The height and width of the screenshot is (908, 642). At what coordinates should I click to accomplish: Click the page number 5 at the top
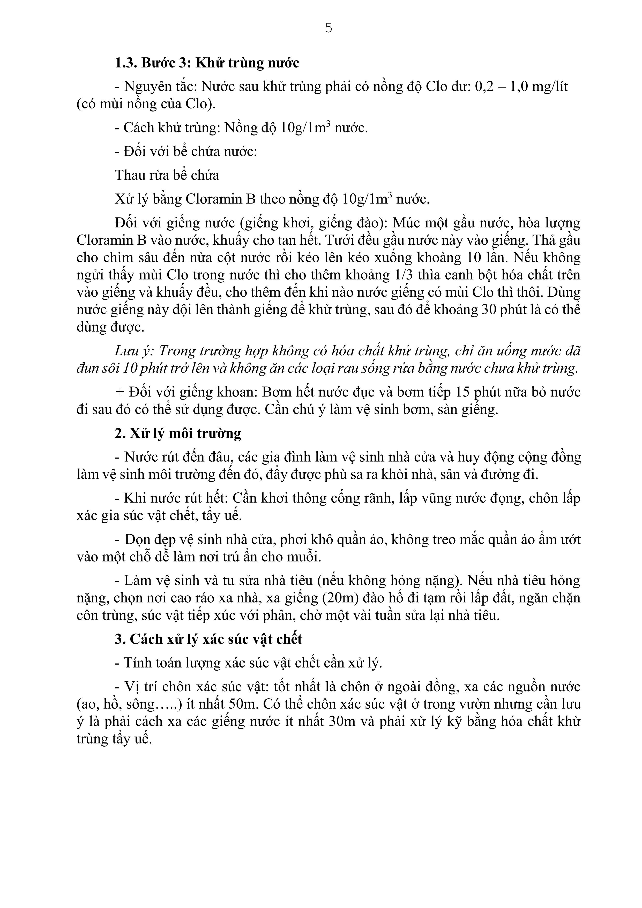(328, 28)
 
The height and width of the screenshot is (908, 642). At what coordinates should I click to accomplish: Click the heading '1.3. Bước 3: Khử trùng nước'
(207, 63)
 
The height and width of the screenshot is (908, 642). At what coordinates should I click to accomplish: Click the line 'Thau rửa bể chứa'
(167, 175)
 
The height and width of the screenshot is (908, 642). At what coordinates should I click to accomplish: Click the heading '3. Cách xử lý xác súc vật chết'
(208, 639)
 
